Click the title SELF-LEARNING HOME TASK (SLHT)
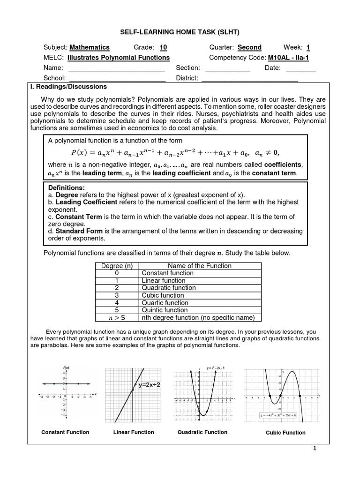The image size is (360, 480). [180, 31]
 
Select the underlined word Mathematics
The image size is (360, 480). [90, 47]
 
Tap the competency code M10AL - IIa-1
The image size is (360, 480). [288, 58]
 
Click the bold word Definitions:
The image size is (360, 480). [67, 187]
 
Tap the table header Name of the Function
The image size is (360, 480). [200, 266]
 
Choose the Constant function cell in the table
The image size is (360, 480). [167, 273]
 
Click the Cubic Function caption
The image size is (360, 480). [285, 433]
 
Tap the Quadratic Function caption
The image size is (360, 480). [202, 432]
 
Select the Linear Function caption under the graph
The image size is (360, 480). [134, 432]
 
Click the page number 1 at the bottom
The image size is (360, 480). [315, 449]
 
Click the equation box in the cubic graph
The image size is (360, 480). [279, 415]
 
